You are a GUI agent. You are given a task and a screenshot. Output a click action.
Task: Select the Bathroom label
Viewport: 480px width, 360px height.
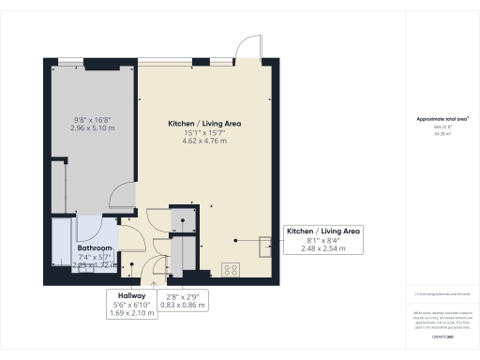[95, 247]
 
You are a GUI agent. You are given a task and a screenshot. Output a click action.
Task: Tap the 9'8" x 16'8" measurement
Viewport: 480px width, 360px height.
[92, 119]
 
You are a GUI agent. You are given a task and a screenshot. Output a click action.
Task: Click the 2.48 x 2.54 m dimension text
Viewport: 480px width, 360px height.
[322, 249]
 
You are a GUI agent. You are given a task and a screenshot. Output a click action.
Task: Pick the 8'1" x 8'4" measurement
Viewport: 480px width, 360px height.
[322, 241]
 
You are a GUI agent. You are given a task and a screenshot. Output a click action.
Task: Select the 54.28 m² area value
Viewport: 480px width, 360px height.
[442, 135]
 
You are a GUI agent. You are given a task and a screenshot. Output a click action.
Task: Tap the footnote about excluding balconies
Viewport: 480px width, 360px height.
[442, 293]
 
